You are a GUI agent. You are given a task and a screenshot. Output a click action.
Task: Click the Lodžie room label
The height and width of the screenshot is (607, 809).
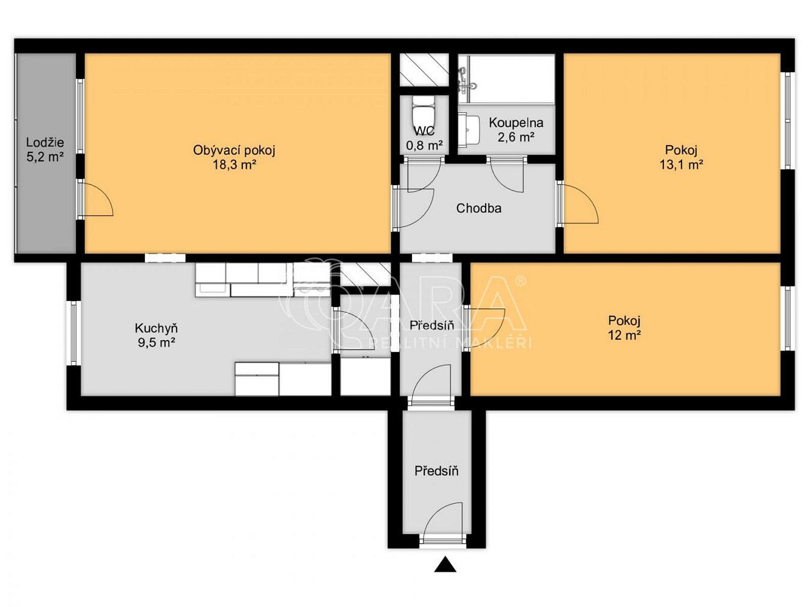tap(45, 142)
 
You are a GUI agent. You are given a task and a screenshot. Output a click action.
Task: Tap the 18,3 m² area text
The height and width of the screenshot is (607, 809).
tap(234, 164)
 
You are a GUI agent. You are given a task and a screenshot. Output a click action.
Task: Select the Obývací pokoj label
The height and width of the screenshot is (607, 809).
tap(234, 151)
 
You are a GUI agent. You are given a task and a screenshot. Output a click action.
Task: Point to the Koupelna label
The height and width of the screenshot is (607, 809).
tap(516, 123)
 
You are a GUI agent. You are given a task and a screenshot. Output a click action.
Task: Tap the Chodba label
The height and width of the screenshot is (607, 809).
tap(479, 208)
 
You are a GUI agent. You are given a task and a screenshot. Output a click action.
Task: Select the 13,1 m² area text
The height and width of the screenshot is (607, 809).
tap(681, 164)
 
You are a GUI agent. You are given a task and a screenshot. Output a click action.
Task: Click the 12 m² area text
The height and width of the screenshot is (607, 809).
tap(625, 335)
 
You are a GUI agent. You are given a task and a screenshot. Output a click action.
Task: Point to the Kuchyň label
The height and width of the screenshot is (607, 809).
tap(156, 328)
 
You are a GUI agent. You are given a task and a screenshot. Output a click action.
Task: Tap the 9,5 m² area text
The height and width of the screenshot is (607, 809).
tap(156, 342)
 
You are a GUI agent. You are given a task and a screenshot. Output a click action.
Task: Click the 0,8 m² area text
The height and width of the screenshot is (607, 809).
tap(424, 146)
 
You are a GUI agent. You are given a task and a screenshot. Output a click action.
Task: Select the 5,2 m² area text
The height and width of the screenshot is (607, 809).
tap(45, 157)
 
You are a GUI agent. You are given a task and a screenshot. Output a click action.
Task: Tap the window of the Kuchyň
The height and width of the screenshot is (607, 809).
tap(73, 333)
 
